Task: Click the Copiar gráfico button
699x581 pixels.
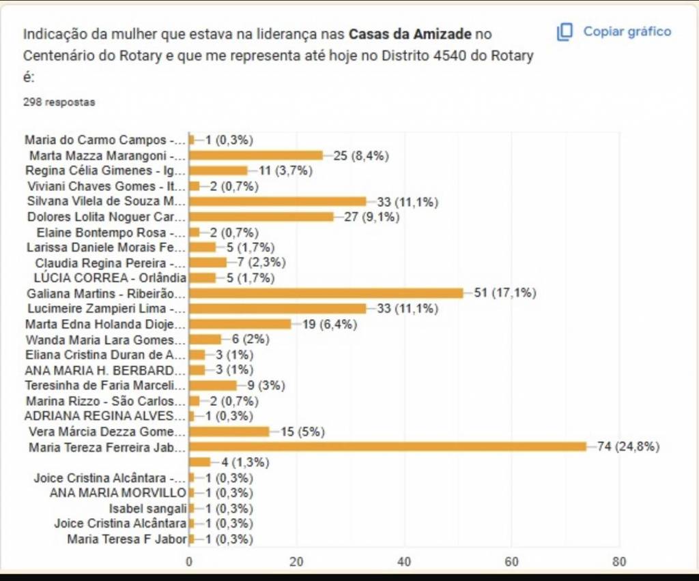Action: [x=614, y=32]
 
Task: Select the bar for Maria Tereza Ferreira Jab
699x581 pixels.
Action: [x=387, y=447]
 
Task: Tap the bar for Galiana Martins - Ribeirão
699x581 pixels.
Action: [x=326, y=293]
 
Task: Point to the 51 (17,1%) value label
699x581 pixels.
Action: [x=505, y=293]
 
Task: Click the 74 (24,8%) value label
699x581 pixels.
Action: [x=628, y=447]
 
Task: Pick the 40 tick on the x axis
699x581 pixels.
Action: [x=404, y=562]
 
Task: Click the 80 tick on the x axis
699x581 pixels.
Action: [x=619, y=562]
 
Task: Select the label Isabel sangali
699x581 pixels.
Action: [x=147, y=508]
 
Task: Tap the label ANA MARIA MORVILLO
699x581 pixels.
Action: [x=118, y=492]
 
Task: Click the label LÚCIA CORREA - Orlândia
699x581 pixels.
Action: [x=110, y=278]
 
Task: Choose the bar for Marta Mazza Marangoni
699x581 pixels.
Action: [x=256, y=155]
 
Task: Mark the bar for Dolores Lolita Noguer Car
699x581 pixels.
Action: [x=261, y=217]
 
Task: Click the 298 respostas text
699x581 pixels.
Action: [x=59, y=102]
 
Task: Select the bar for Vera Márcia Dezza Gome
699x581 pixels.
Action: [x=229, y=431]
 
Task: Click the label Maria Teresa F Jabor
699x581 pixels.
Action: [x=127, y=539]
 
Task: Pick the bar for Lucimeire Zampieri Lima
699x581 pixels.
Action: [x=277, y=308]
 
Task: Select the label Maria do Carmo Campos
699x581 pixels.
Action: [x=105, y=140]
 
